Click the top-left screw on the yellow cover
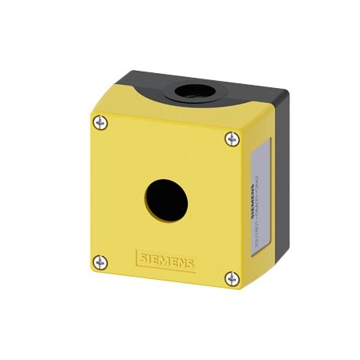coord(100,122)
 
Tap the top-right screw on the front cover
coord(231,139)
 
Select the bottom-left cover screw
coord(99,262)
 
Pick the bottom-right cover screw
coord(231,278)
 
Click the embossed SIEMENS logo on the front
coord(166,259)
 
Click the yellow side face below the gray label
coord(255,263)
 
